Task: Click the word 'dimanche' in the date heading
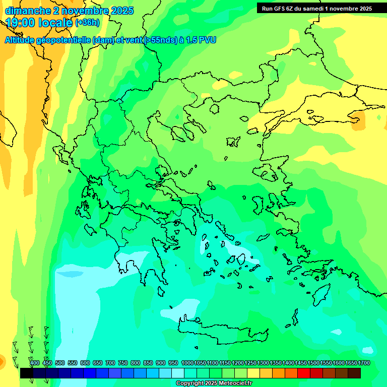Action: point(27,11)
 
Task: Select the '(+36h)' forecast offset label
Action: point(87,23)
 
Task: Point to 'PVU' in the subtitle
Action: point(207,40)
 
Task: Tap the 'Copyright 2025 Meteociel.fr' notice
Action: point(214,383)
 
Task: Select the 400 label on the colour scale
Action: point(35,363)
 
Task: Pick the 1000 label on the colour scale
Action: point(187,363)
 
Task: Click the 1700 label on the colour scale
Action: point(364,363)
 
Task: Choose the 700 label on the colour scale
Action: point(110,363)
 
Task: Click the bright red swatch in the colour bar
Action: point(304,373)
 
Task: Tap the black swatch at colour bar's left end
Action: point(27,373)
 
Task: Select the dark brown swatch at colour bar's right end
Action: point(354,373)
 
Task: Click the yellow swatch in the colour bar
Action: point(253,373)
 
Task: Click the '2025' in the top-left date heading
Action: point(122,11)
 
